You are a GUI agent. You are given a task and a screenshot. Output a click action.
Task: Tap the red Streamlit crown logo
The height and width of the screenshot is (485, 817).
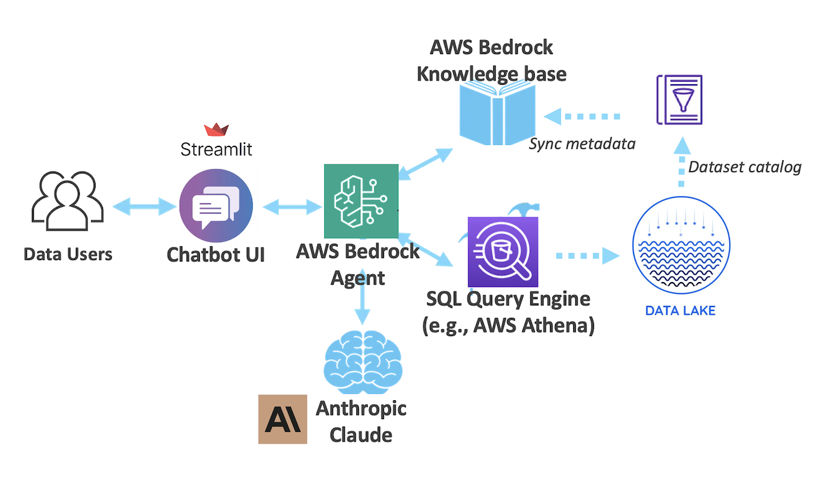tap(216, 130)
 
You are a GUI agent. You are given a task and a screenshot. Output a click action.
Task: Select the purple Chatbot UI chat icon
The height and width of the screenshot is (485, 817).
tap(216, 206)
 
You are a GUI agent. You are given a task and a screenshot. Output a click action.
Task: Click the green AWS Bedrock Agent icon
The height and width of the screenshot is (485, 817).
tap(361, 201)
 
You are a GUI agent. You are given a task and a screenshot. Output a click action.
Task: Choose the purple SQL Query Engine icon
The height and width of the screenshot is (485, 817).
tap(503, 252)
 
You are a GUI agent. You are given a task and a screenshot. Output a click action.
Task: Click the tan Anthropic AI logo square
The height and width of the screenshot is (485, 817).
tap(283, 419)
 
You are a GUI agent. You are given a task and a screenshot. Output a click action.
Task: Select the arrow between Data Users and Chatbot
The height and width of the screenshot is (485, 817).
tap(144, 206)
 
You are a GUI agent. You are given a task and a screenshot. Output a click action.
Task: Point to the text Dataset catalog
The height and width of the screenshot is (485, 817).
tap(745, 167)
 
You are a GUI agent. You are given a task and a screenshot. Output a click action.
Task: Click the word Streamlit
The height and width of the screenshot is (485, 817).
tap(216, 150)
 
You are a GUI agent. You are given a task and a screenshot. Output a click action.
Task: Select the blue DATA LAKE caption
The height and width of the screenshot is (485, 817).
tap(681, 310)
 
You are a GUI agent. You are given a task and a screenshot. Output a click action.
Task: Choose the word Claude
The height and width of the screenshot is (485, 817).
tap(361, 435)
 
